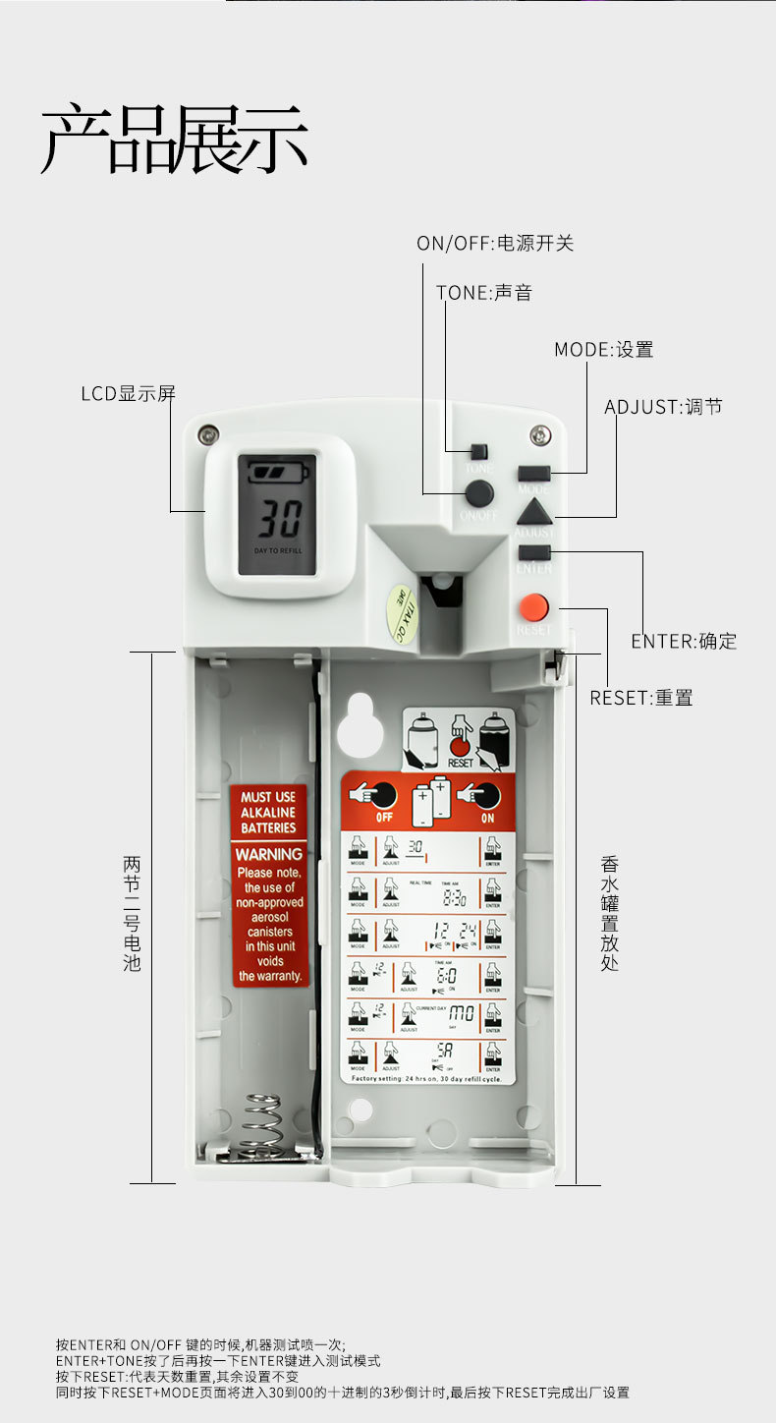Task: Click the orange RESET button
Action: pyautogui.click(x=534, y=606)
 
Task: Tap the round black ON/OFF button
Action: pyautogui.click(x=478, y=493)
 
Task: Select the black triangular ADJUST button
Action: pyautogui.click(x=534, y=512)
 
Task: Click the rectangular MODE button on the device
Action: pyautogui.click(x=534, y=472)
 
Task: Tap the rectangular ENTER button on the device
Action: pyautogui.click(x=534, y=552)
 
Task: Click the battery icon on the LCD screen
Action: pyautogui.click(x=277, y=474)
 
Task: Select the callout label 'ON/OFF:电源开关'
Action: pyautogui.click(x=495, y=243)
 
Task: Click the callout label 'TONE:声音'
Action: pyautogui.click(x=484, y=293)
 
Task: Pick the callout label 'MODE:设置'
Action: pyautogui.click(x=603, y=350)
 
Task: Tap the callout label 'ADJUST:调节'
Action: pyautogui.click(x=663, y=407)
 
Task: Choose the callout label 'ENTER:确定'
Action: pyautogui.click(x=684, y=641)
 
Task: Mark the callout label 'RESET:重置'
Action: pyautogui.click(x=641, y=698)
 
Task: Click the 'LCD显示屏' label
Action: pyautogui.click(x=128, y=394)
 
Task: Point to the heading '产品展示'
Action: pyautogui.click(x=175, y=140)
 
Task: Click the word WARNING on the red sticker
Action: pyautogui.click(x=269, y=855)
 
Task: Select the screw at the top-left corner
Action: pyautogui.click(x=207, y=433)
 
